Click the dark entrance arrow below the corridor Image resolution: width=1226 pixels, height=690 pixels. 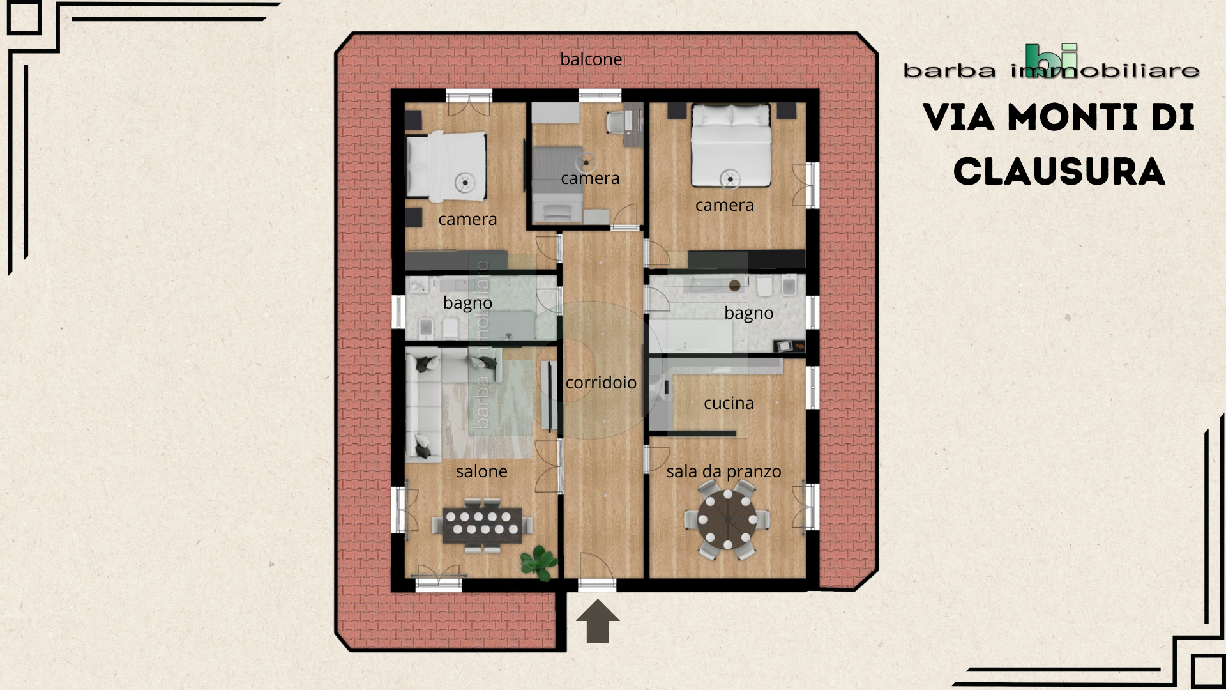coord(598,621)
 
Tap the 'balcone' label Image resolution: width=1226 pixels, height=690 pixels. coord(591,59)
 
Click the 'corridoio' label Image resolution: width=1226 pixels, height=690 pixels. coord(601,383)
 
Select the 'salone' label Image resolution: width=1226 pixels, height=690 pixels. coord(481,471)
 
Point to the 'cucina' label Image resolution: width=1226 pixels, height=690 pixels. coord(729,403)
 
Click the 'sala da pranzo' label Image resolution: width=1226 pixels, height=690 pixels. coord(723,471)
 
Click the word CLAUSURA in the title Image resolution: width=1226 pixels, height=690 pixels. coord(1059,172)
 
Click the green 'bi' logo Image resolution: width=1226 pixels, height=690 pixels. coord(1052,61)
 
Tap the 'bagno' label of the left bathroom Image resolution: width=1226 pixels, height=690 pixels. coord(467,303)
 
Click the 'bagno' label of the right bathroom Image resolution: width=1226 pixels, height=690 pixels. coord(748,314)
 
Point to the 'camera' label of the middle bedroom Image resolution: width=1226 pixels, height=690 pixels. coord(590,178)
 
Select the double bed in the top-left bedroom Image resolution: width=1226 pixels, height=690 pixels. coord(446,164)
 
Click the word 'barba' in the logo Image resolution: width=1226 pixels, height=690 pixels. coord(950,70)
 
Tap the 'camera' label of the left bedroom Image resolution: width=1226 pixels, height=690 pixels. coord(467,219)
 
